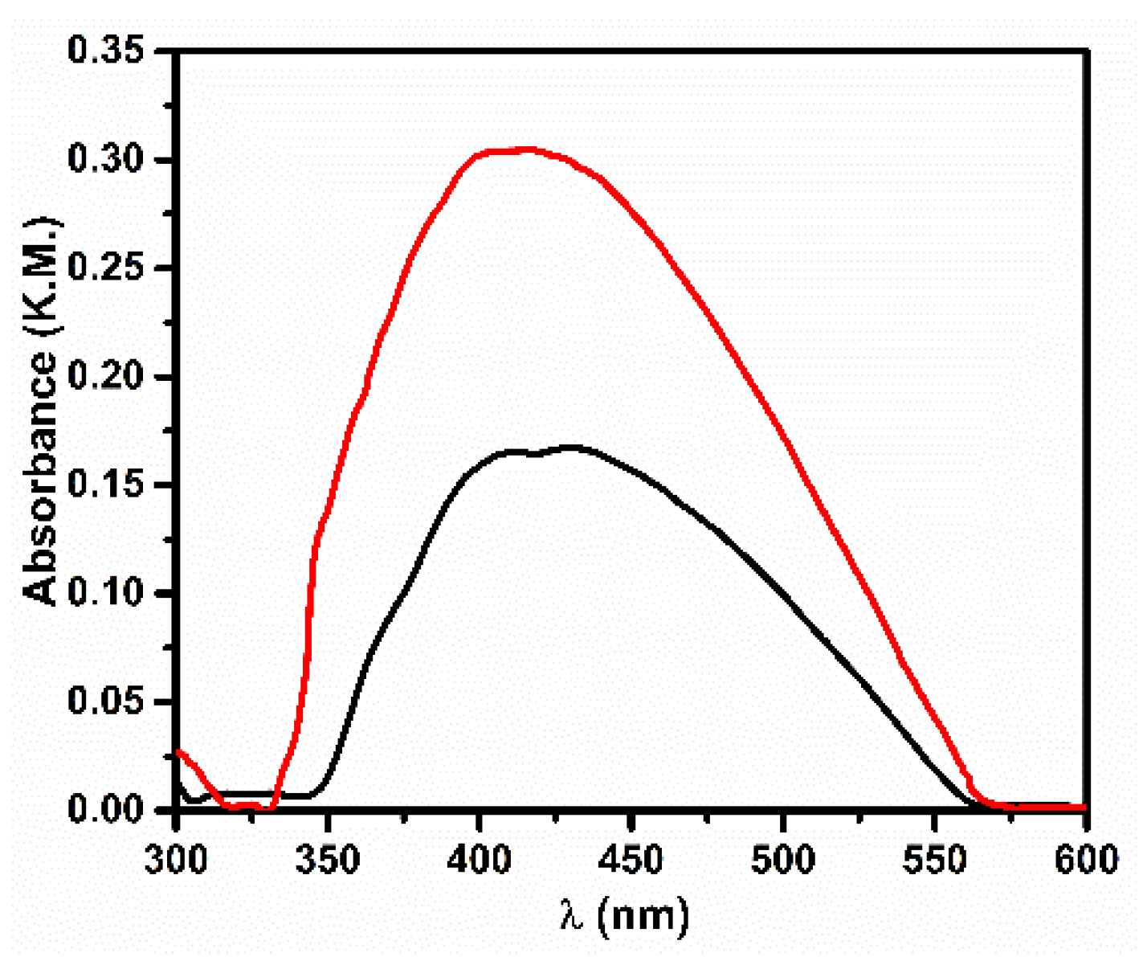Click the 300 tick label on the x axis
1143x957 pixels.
coord(177,859)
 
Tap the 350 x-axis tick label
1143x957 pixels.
coord(328,859)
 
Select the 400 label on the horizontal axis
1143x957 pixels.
coord(480,859)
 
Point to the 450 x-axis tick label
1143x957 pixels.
coord(631,859)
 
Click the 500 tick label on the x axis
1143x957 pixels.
coord(783,859)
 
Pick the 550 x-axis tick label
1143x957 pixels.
coord(934,859)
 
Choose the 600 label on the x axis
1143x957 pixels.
coord(1084,859)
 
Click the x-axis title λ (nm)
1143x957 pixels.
coord(625,915)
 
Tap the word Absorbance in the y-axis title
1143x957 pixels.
coord(42,478)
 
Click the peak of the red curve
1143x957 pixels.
coord(526,149)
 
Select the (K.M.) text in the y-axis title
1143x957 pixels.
coord(42,273)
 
